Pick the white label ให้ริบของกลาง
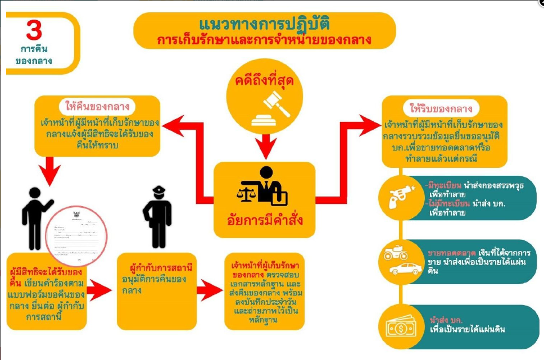click(x=445, y=108)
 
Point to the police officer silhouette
click(x=157, y=216)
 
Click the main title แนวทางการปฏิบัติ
click(x=264, y=25)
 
